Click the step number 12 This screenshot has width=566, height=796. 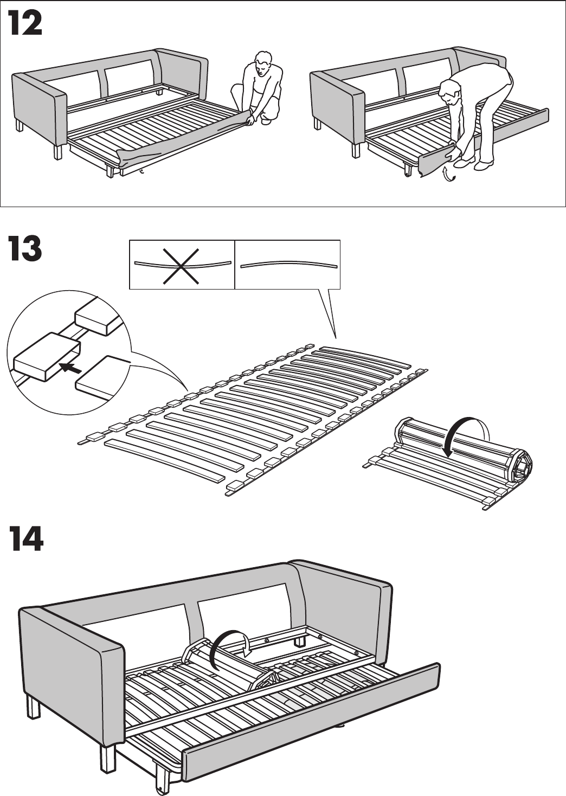pos(25,25)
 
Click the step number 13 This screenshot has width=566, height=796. pos(25,249)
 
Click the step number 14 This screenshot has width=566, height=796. pos(25,539)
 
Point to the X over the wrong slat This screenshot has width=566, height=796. pos(182,265)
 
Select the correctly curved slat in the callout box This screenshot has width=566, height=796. pos(288,265)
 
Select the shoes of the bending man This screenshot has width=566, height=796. pos(472,163)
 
